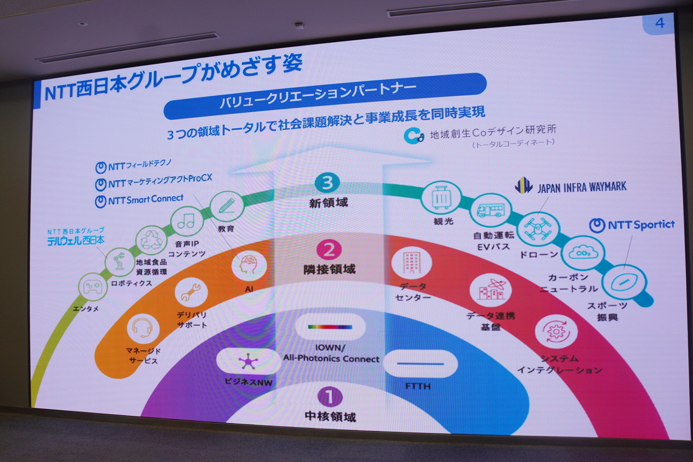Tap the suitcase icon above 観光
[441, 198]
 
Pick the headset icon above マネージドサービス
[141, 328]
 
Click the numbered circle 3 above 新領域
[327, 183]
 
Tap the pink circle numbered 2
[329, 249]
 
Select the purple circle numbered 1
[330, 396]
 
